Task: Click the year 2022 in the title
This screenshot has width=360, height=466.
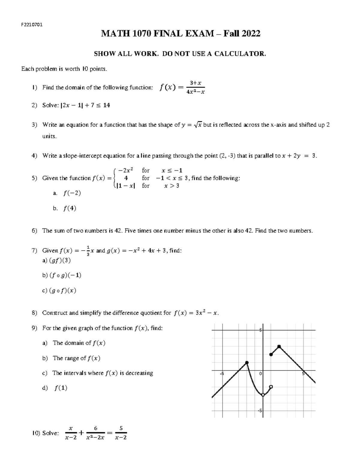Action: point(249,34)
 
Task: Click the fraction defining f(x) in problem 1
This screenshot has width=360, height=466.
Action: point(195,87)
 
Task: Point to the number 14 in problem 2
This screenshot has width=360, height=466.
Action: point(106,105)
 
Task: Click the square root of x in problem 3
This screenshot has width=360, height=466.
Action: point(198,125)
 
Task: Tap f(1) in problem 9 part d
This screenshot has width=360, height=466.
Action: point(61,388)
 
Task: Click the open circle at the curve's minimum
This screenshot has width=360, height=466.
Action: point(263,395)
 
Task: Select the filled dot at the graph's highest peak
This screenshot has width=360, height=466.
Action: point(279,347)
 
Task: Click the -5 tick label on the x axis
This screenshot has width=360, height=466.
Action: point(222,374)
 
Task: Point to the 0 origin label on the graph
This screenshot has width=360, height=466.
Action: point(260,374)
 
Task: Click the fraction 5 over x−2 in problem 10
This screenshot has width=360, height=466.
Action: point(121,433)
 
